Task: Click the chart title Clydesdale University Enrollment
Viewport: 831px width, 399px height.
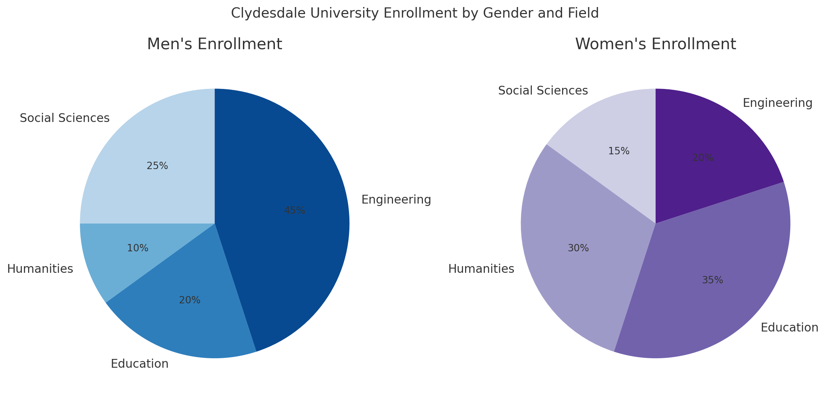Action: [x=415, y=13]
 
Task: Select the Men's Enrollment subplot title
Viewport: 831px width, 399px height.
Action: [x=214, y=44]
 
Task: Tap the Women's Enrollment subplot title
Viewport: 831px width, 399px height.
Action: [x=656, y=44]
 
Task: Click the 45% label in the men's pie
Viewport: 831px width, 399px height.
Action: [x=295, y=211]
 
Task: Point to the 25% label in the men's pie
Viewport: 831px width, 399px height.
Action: [x=157, y=166]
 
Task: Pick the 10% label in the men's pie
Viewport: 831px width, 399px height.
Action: [x=138, y=248]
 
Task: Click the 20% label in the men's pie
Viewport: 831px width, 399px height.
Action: [x=190, y=300]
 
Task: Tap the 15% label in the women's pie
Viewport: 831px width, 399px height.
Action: [x=619, y=151]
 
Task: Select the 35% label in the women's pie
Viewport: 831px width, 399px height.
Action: [x=713, y=280]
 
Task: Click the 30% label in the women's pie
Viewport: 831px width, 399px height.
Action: [x=578, y=248]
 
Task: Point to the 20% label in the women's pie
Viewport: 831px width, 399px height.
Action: [x=703, y=158]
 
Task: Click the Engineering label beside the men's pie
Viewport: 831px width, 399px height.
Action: [x=396, y=200]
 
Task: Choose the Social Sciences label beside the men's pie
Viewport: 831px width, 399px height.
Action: [x=65, y=118]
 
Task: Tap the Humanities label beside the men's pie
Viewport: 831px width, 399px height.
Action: [x=40, y=269]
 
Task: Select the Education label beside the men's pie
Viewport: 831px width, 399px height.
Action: [x=140, y=364]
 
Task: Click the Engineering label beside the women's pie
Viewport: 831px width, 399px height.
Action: [x=778, y=103]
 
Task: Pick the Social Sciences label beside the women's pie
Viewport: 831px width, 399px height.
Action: [x=543, y=91]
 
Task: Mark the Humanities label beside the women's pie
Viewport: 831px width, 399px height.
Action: [x=481, y=269]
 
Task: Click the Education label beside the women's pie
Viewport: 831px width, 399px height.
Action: [x=790, y=328]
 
